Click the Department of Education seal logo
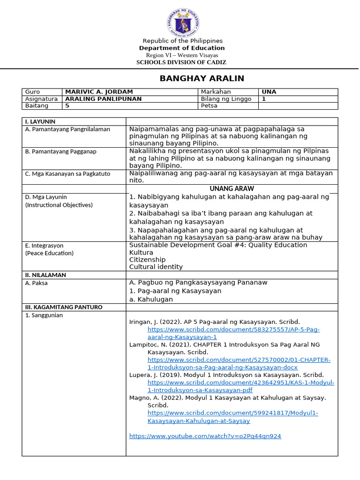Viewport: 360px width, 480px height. [183, 22]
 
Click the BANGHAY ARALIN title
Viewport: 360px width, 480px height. [202, 78]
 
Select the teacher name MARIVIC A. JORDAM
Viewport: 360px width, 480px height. [99, 92]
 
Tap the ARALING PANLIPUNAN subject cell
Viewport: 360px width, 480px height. [103, 99]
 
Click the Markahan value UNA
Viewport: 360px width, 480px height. [269, 92]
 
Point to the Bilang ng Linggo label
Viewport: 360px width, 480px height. [226, 99]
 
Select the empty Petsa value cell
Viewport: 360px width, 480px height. [298, 106]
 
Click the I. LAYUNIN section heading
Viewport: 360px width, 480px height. [40, 121]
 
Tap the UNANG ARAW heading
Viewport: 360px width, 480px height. [232, 188]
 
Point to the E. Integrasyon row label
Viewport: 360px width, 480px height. [44, 246]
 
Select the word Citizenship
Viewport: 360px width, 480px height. [147, 260]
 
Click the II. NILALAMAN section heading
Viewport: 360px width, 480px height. [45, 275]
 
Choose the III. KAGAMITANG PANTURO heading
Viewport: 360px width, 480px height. [63, 307]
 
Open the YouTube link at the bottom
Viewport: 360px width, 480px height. [205, 436]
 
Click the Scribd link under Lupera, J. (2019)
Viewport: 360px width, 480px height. [240, 386]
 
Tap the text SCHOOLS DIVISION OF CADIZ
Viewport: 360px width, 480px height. [181, 62]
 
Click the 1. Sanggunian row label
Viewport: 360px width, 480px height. [44, 315]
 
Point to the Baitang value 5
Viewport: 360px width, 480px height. [67, 106]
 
